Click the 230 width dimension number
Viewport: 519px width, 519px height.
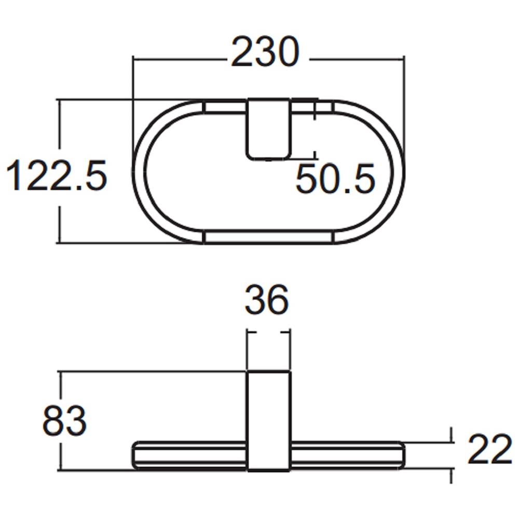tap(265, 52)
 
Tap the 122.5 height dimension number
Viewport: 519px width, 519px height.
tap(57, 175)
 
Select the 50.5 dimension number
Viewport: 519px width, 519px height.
tap(335, 179)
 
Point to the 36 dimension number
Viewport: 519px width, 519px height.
tap(267, 299)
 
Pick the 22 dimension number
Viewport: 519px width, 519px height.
tap(490, 449)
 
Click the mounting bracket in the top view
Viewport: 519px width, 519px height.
tap(268, 129)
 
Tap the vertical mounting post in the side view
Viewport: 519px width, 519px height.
tap(269, 421)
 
